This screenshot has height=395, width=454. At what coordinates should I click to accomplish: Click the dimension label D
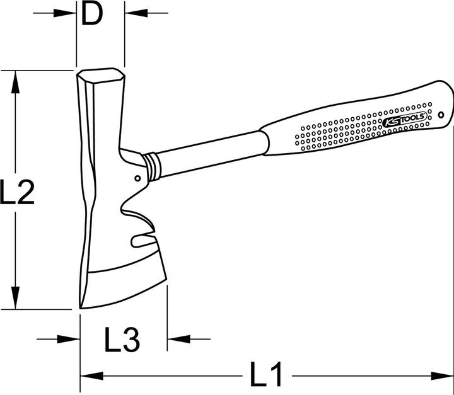coord(92,14)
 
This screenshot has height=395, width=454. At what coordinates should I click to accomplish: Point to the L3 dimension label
coord(121,340)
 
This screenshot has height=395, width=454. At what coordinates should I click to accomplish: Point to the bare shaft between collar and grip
coord(208,147)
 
